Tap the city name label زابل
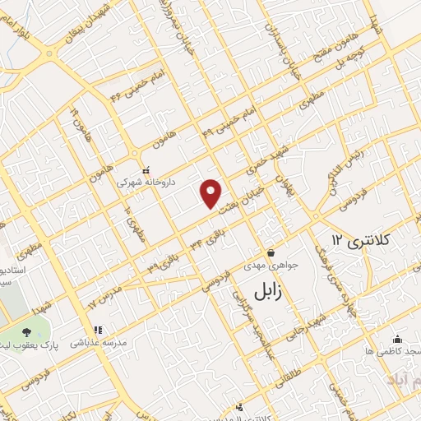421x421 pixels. (264, 291)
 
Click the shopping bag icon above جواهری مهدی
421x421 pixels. (270, 252)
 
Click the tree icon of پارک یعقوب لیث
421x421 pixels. (27, 331)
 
